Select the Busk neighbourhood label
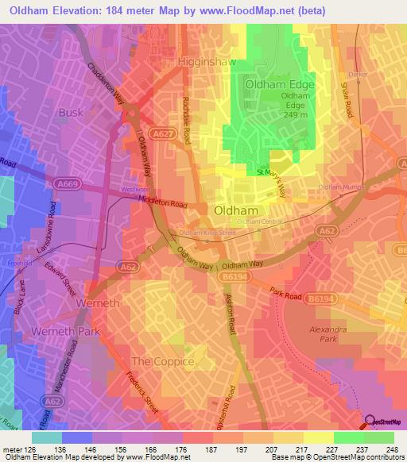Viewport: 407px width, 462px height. (x=70, y=113)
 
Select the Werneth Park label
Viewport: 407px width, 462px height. (x=61, y=329)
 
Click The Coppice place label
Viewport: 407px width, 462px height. (x=163, y=361)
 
